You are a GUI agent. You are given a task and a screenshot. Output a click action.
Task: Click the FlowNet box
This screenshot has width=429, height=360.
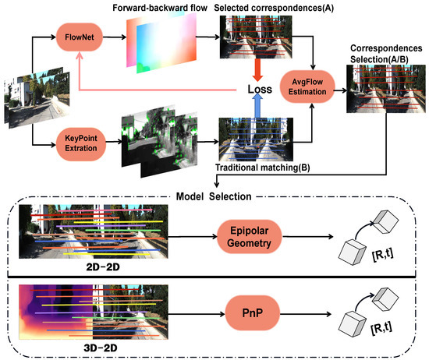pyautogui.click(x=78, y=36)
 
